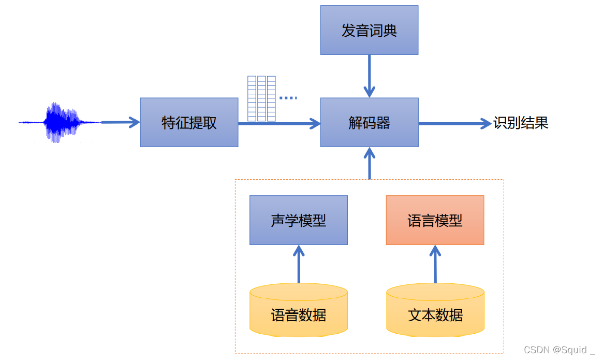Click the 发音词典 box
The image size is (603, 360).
coord(369,30)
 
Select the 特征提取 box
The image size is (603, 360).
coord(189,123)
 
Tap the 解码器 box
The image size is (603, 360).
coord(369,123)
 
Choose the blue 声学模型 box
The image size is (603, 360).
coord(298,220)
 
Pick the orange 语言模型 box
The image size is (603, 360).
coord(435,220)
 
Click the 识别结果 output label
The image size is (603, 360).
coord(520,123)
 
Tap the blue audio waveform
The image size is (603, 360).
coord(60,123)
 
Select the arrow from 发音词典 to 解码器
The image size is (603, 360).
coord(369,76)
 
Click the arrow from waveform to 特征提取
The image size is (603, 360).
coord(120,123)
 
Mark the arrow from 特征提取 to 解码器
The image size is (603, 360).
coord(280,123)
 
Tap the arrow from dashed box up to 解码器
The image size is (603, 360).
coord(369,163)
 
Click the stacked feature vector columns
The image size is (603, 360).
coord(261,98)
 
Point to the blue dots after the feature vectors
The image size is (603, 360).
coord(288,97)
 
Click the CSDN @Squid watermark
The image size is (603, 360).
coord(559,350)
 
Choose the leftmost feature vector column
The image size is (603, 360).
coord(252,98)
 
